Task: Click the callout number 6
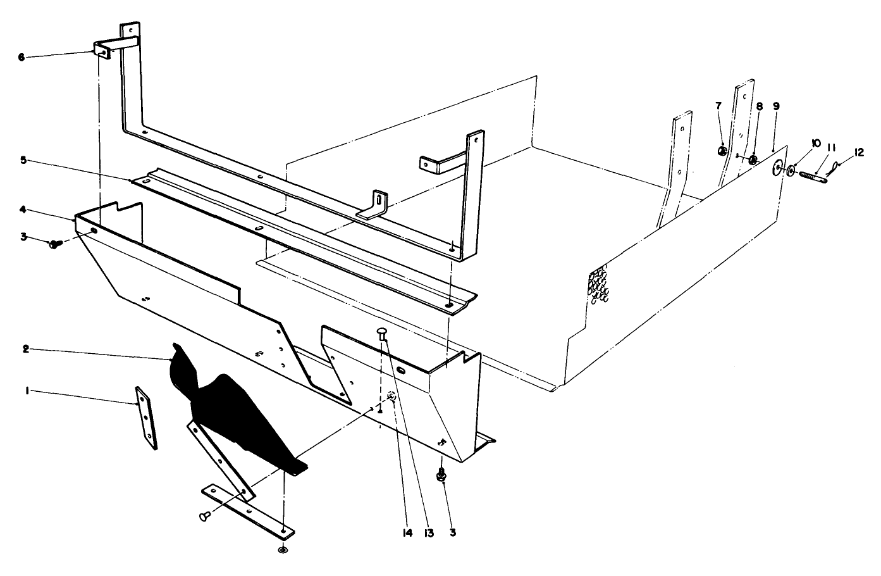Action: click(x=21, y=57)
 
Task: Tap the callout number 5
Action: click(x=22, y=160)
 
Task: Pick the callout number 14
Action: click(x=407, y=533)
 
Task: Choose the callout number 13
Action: click(x=429, y=533)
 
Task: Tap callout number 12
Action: click(x=858, y=153)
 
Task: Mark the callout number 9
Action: click(x=776, y=106)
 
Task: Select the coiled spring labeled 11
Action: click(x=811, y=175)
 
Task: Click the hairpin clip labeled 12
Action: click(x=835, y=168)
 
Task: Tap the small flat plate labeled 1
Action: click(x=146, y=418)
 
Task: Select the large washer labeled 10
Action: click(x=777, y=168)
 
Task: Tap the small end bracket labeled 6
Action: click(x=102, y=49)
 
